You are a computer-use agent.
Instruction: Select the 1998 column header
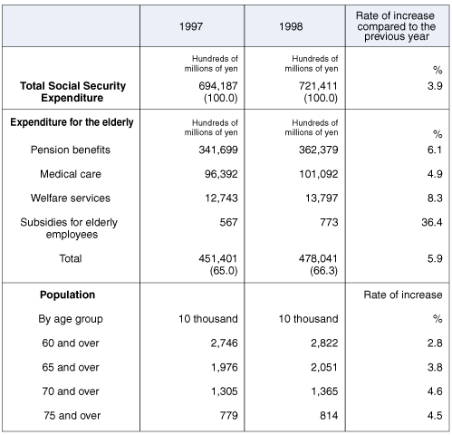pos(291,24)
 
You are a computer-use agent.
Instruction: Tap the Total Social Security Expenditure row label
pos(72,92)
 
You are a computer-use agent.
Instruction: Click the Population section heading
pos(68,295)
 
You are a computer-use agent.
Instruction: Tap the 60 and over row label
pos(68,343)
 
